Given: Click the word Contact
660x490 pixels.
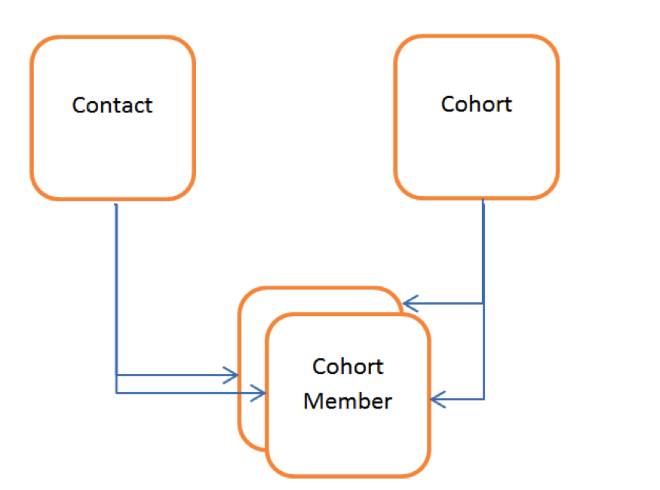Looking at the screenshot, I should (x=112, y=105).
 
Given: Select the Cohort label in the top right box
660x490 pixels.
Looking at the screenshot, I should (x=476, y=103).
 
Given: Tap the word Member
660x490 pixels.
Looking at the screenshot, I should (x=347, y=400).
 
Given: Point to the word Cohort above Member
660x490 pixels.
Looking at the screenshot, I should (x=348, y=366).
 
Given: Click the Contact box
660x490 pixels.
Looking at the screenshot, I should (x=112, y=151).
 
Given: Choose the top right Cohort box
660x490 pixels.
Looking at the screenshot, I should (x=476, y=151).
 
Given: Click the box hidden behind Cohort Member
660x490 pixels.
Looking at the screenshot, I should (x=252, y=332).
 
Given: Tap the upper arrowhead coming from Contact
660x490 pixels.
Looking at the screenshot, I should (x=232, y=374).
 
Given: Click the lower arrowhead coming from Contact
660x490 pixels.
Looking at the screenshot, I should (x=259, y=392).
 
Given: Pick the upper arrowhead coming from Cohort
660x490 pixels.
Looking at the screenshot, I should (x=409, y=304).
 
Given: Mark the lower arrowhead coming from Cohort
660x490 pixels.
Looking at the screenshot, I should (x=437, y=399).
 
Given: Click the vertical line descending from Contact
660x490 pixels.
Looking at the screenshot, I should (x=116, y=286).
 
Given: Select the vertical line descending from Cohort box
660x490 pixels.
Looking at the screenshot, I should (x=483, y=249).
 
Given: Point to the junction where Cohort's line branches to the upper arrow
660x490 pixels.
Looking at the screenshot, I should (x=483, y=304).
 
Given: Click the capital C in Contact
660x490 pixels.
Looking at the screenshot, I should (x=78, y=105).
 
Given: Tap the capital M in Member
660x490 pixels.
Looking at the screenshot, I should (x=312, y=400).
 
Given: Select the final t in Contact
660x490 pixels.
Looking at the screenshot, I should (x=149, y=105).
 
